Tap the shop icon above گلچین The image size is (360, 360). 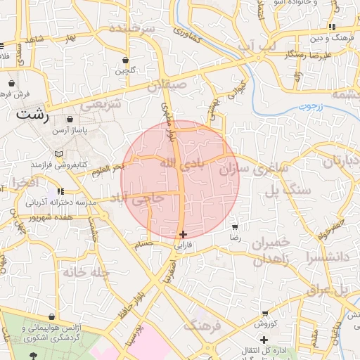tap(125, 60)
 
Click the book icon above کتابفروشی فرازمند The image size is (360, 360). tap(58, 154)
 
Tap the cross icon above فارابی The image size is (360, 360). tap(183, 234)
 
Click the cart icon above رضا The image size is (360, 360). tap(234, 226)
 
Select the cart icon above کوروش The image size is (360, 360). tap(265, 314)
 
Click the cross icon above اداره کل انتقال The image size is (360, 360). tap(264, 340)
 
